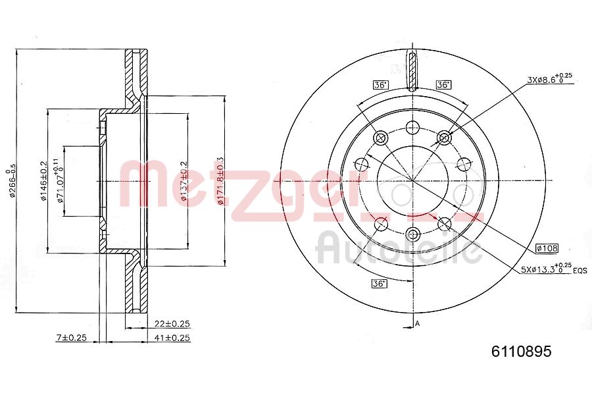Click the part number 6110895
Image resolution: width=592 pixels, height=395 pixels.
click(521, 352)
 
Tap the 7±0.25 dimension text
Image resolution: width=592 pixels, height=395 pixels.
click(72, 338)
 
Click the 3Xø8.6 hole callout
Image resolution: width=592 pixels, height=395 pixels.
click(549, 79)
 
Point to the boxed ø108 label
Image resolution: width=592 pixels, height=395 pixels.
click(547, 248)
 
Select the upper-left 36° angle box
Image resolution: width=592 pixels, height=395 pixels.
click(380, 84)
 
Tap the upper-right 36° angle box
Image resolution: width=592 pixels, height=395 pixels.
click(443, 84)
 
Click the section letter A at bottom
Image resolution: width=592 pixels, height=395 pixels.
click(417, 323)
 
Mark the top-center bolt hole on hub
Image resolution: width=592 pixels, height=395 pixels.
click(412, 128)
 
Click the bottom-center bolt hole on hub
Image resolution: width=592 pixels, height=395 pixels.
click(412, 232)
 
